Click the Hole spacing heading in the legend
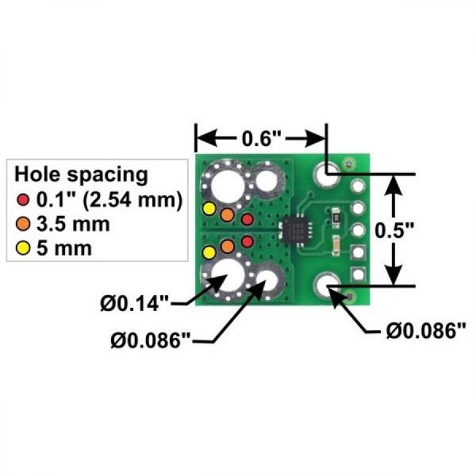(81, 173)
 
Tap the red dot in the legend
(24, 198)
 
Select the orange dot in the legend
(24, 223)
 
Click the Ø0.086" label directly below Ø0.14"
(152, 341)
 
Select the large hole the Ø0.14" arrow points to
(228, 276)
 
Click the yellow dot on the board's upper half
(209, 209)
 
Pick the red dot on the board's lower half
(247, 240)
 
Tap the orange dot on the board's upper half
(228, 214)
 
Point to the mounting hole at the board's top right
(325, 172)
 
